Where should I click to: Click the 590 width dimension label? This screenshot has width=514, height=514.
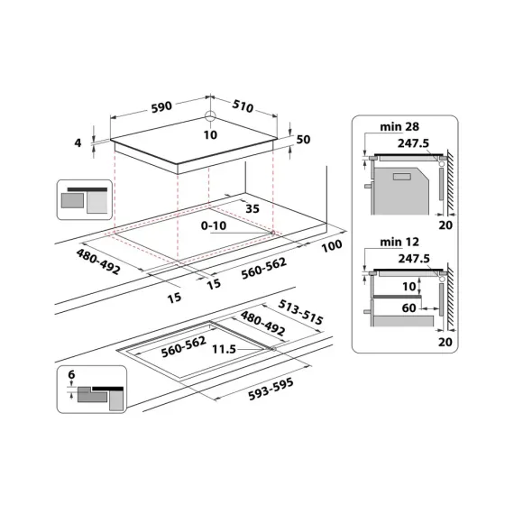point(161,107)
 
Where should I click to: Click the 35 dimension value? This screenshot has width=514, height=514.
point(252,208)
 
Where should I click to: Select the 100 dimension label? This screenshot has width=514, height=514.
point(332,244)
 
